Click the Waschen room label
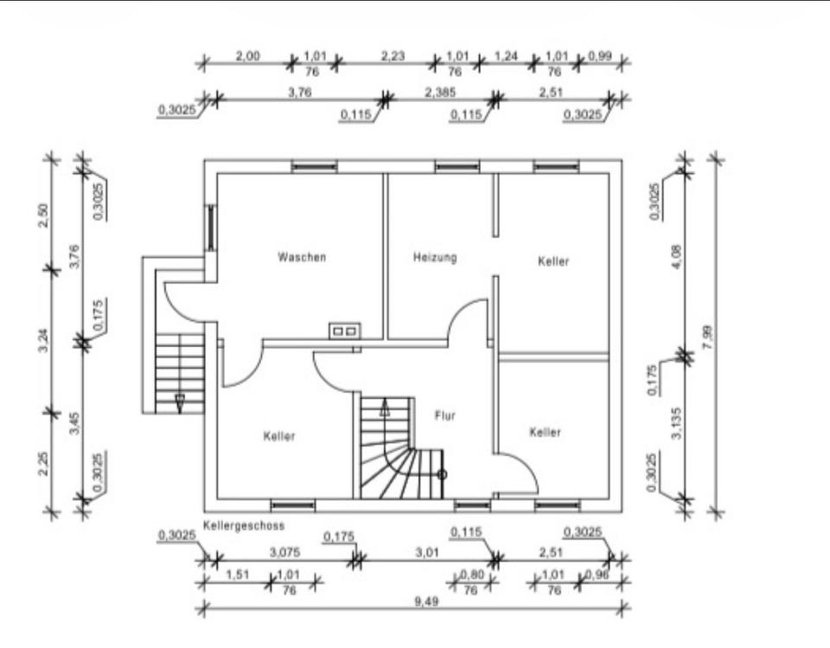coord(302,257)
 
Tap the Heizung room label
coord(435,258)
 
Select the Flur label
coord(444,415)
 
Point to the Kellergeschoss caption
coord(244,526)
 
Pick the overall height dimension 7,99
coord(708,337)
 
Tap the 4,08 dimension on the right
coord(676,256)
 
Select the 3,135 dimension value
coord(676,423)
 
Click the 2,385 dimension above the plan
coord(440,93)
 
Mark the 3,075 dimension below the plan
coord(284,553)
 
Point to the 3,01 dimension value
coord(427,553)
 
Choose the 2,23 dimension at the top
coord(393,56)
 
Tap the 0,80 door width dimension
coord(472,574)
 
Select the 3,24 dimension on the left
coord(44,340)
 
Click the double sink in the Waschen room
coord(344,330)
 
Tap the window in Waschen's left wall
coord(211,228)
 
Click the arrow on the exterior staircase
coord(180,403)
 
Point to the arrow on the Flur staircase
coord(385,407)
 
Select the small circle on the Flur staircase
coord(442,475)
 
